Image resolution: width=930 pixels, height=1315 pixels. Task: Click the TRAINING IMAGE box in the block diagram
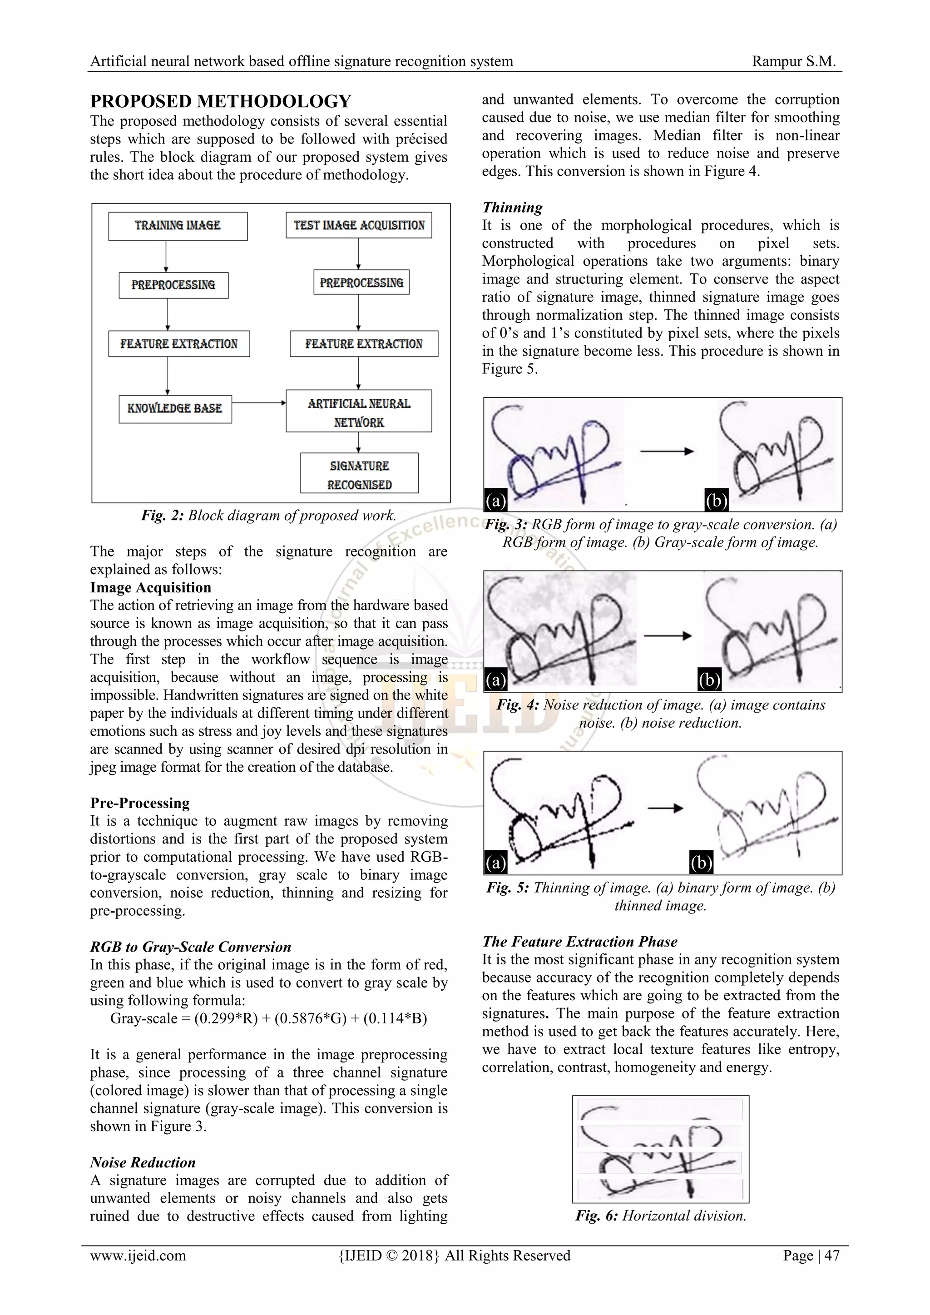pyautogui.click(x=178, y=226)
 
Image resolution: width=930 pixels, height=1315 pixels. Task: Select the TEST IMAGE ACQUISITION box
pyautogui.click(x=358, y=225)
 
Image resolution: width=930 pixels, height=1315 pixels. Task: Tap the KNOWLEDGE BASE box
pyautogui.click(x=175, y=408)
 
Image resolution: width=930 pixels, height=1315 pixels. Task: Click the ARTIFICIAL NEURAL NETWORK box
pyautogui.click(x=358, y=411)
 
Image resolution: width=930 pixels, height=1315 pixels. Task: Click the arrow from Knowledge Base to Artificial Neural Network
pyautogui.click(x=259, y=402)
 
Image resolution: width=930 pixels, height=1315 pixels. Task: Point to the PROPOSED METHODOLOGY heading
pyautogui.click(x=221, y=101)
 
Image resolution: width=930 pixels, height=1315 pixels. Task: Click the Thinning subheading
pyautogui.click(x=512, y=207)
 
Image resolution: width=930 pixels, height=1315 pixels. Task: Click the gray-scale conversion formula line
pyautogui.click(x=268, y=1018)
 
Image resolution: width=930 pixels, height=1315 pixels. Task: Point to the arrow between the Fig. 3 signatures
pyautogui.click(x=667, y=452)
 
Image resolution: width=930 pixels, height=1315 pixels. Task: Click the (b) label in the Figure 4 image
pyautogui.click(x=709, y=680)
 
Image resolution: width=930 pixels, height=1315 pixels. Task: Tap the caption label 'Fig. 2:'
pyautogui.click(x=162, y=516)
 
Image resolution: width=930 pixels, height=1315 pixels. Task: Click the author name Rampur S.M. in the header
pyautogui.click(x=794, y=61)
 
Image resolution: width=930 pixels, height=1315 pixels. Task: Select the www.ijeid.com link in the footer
pyautogui.click(x=138, y=1256)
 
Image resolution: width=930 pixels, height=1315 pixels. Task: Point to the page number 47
pyautogui.click(x=831, y=1256)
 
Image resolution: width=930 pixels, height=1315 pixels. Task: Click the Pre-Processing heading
pyautogui.click(x=140, y=803)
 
